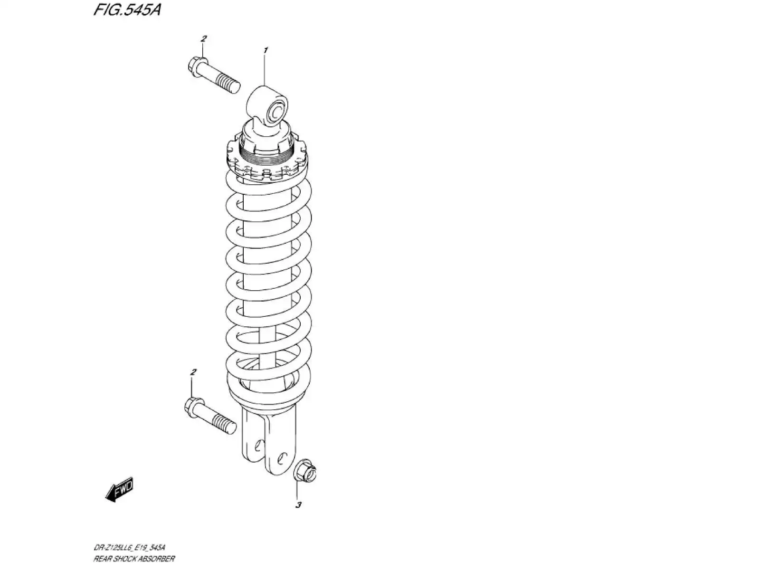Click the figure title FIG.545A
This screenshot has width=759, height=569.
click(x=126, y=10)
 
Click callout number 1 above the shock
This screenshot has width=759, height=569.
click(x=266, y=50)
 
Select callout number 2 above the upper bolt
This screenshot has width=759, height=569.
click(x=203, y=38)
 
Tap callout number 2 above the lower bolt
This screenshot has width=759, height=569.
click(x=193, y=372)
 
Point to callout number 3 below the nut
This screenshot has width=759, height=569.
click(x=298, y=505)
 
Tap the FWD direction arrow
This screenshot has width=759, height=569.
click(x=120, y=489)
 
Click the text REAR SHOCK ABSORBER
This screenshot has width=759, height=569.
click(x=134, y=559)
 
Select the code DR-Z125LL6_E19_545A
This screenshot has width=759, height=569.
click(x=129, y=549)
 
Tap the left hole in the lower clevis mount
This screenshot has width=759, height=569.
click(x=259, y=446)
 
